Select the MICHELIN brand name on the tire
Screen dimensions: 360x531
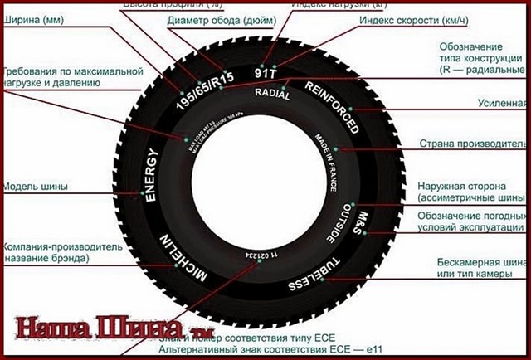tap(188, 256)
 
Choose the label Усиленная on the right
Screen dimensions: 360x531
tap(500, 104)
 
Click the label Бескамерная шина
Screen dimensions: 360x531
tap(481, 263)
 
